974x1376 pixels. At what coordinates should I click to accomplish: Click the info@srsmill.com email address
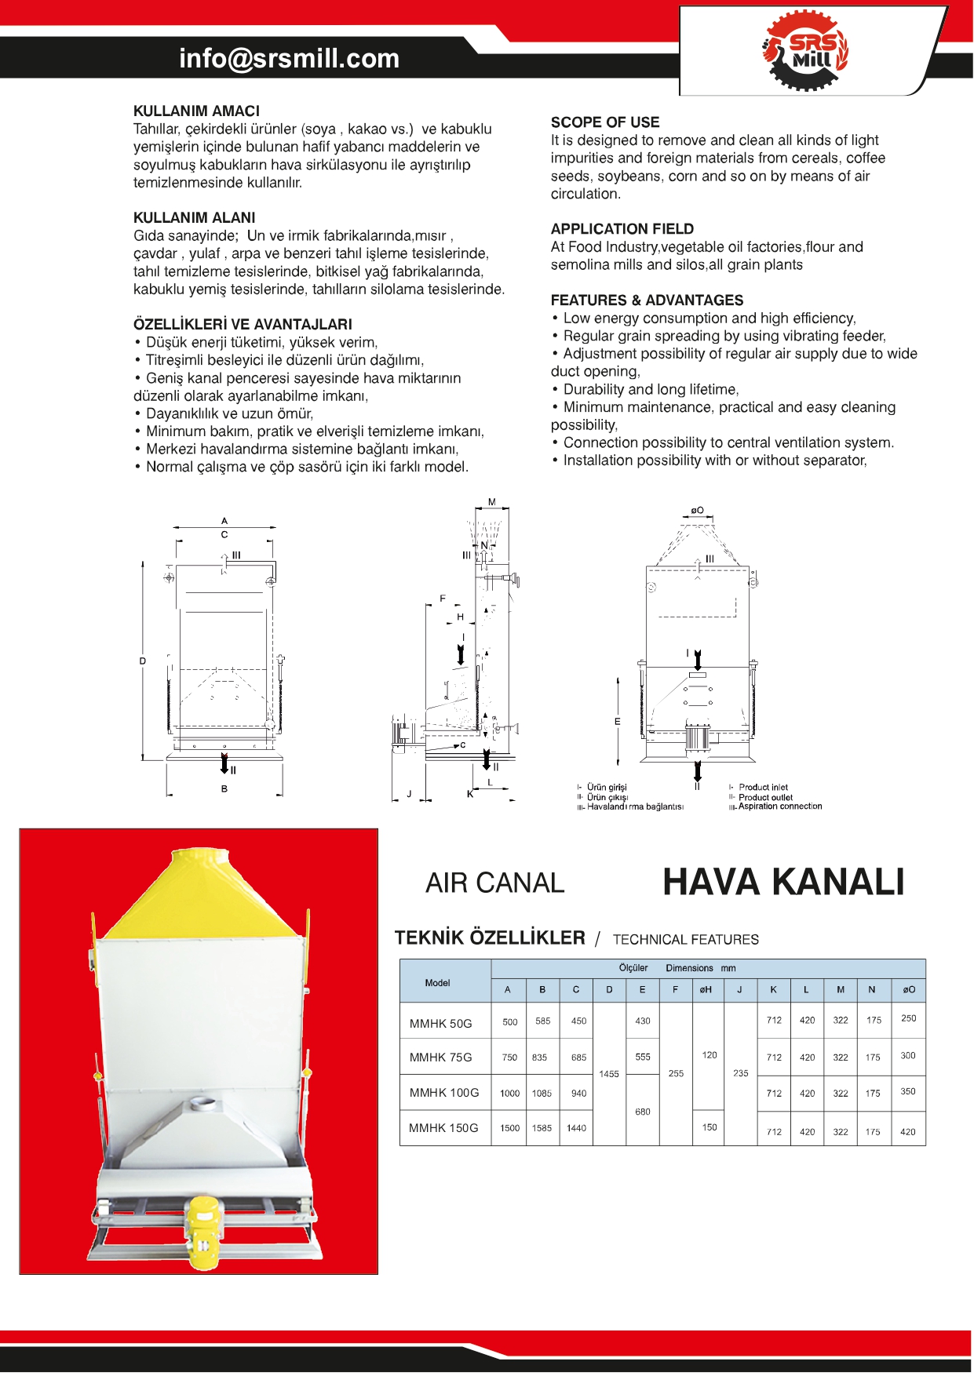click(289, 59)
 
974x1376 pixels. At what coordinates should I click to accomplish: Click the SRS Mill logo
click(806, 51)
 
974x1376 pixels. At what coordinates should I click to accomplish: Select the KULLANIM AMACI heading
click(196, 111)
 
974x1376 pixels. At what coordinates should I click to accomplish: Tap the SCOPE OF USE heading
click(605, 122)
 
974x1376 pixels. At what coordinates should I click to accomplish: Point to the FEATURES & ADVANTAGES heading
click(647, 300)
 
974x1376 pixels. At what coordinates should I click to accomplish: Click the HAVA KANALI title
click(783, 883)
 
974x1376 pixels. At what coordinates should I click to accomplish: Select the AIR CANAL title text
click(494, 883)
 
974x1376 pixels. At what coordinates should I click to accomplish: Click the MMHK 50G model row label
click(441, 1024)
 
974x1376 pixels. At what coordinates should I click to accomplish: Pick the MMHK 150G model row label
click(443, 1128)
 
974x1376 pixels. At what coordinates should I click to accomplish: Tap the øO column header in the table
click(909, 990)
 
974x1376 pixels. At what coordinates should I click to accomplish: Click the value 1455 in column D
click(609, 1074)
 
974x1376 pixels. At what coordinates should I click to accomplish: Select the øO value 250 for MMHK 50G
click(908, 1018)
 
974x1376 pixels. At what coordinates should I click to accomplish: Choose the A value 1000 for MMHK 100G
click(509, 1094)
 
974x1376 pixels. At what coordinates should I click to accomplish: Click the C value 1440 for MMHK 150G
click(576, 1128)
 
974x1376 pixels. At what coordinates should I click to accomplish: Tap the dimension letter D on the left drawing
click(143, 661)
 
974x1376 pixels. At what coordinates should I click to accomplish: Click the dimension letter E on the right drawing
click(618, 722)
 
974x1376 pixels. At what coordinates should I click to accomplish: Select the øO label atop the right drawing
click(697, 511)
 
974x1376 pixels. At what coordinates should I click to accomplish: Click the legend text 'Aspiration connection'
click(779, 806)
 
